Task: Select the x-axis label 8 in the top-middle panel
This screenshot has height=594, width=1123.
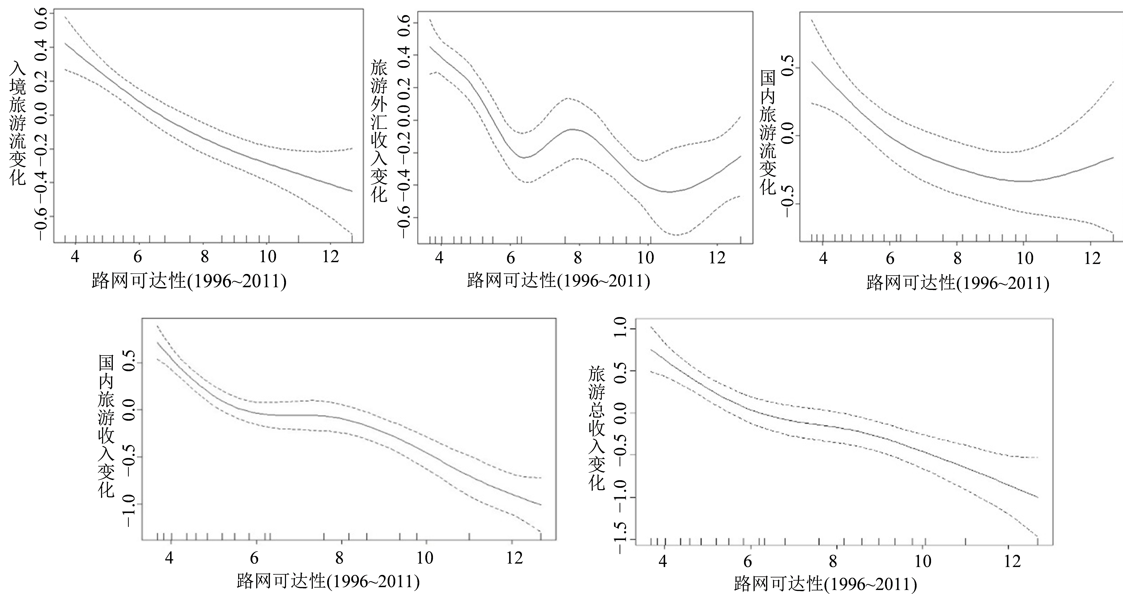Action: point(578,258)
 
